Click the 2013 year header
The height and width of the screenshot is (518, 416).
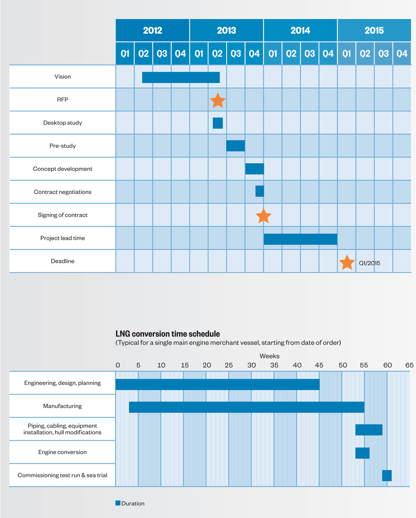click(x=226, y=30)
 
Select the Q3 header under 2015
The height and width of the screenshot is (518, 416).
click(x=383, y=54)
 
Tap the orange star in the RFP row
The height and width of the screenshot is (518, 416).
click(x=218, y=100)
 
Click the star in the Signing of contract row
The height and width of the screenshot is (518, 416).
click(x=264, y=216)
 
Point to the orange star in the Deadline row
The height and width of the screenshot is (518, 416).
click(x=347, y=263)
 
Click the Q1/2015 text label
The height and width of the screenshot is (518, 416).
click(x=369, y=263)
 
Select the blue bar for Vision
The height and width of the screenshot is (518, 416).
click(x=181, y=77)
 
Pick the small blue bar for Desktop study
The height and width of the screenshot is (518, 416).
click(x=218, y=123)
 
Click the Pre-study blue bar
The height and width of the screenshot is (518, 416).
click(x=236, y=146)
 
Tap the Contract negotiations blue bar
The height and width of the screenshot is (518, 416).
click(x=260, y=191)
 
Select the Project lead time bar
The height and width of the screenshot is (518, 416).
click(x=300, y=239)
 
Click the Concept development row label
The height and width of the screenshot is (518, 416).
click(x=62, y=169)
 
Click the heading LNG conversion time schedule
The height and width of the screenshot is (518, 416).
click(x=168, y=333)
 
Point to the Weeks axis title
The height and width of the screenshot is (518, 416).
click(x=269, y=356)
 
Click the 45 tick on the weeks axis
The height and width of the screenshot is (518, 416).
click(x=319, y=365)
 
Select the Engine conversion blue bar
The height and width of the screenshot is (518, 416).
click(x=362, y=453)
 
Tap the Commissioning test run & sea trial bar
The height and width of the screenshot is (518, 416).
click(x=387, y=476)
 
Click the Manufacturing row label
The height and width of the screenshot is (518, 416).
click(x=62, y=406)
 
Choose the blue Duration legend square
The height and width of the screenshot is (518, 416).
click(x=118, y=503)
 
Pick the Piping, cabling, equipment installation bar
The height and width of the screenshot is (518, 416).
click(x=369, y=430)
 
